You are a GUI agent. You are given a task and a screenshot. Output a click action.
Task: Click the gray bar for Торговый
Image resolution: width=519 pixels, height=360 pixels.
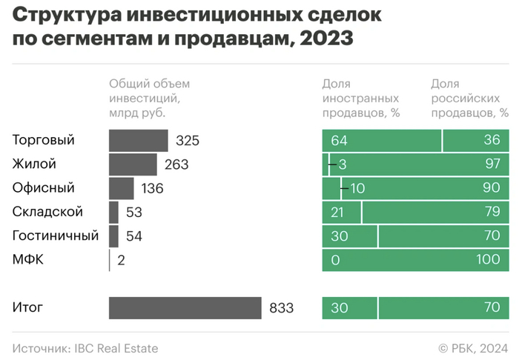139,141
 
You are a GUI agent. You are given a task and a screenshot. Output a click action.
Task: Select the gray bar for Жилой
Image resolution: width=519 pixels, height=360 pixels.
133,164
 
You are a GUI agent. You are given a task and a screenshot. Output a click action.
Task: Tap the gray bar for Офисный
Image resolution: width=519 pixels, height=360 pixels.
122,188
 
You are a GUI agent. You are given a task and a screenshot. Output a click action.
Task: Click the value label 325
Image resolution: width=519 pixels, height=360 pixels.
188,141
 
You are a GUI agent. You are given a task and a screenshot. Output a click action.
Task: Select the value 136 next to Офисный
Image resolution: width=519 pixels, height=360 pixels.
152,188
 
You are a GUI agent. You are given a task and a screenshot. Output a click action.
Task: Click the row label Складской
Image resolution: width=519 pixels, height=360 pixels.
47,212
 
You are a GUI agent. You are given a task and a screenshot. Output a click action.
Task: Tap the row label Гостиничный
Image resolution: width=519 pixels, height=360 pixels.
56,236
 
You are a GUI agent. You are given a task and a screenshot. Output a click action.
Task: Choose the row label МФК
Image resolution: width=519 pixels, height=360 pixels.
27,260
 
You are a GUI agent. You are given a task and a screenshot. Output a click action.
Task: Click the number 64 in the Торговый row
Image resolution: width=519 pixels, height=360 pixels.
340,141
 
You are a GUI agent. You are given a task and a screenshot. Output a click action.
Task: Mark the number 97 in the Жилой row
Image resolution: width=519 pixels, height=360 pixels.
492,164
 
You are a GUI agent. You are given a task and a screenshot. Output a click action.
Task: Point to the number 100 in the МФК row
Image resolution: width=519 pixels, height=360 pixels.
488,260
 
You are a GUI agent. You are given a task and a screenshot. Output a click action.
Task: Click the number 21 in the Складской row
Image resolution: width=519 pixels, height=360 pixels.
339,212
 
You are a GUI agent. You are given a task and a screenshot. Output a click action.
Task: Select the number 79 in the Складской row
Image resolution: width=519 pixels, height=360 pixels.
492,212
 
